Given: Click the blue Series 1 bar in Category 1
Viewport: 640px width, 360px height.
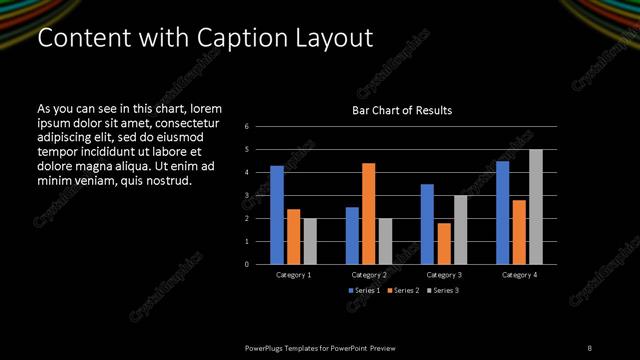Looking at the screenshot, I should click(x=277, y=215).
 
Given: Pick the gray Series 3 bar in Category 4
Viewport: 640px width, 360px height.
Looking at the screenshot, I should click(x=536, y=207).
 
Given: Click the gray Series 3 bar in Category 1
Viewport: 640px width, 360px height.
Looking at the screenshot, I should click(x=310, y=241).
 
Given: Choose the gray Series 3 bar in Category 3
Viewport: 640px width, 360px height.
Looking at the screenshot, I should click(x=460, y=230).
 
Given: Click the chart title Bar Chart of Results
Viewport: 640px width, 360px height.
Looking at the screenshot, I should click(x=402, y=110).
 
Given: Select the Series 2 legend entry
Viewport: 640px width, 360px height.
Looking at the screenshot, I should click(x=402, y=290).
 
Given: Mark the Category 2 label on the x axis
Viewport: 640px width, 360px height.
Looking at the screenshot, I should click(x=368, y=274).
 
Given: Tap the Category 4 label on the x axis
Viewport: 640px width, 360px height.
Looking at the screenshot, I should click(x=519, y=274).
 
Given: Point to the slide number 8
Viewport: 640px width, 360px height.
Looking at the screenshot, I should click(x=590, y=347).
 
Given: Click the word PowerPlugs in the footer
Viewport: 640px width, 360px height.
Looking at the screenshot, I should click(x=268, y=347).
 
